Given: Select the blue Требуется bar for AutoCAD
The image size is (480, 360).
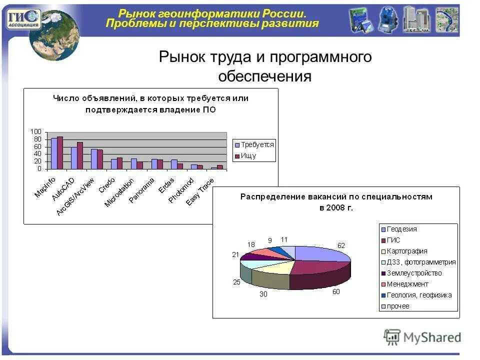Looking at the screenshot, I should pyautogui.click(x=74, y=157).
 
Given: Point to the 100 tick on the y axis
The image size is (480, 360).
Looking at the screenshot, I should pyautogui.click(x=36, y=131).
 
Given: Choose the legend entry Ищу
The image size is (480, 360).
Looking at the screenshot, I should pyautogui.click(x=248, y=156).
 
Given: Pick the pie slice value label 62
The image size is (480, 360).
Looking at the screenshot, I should pyautogui.click(x=341, y=245).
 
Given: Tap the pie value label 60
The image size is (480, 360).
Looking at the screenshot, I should pyautogui.click(x=336, y=291).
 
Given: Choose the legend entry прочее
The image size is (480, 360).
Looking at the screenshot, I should pyautogui.click(x=398, y=306).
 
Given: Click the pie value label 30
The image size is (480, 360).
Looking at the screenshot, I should pyautogui.click(x=263, y=294).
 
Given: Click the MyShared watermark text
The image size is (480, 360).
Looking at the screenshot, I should pyautogui.click(x=432, y=337).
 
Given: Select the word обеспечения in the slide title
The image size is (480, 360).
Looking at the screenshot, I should pyautogui.click(x=265, y=76).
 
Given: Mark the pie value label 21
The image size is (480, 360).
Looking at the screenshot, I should pyautogui.click(x=235, y=254).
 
